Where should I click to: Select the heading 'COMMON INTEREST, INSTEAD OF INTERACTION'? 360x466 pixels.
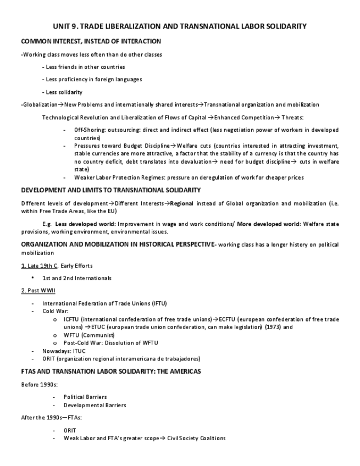point(91,41)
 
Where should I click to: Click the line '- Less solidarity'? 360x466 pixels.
point(62,92)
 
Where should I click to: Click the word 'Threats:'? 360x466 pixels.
point(291,117)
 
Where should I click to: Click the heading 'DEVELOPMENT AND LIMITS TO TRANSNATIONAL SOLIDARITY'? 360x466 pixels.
point(110,190)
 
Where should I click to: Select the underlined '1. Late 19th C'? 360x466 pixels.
point(40,266)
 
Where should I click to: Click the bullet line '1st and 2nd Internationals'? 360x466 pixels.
point(76,278)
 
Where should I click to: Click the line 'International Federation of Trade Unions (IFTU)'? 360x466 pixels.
point(104,303)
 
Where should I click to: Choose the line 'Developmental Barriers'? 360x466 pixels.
point(95,405)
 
